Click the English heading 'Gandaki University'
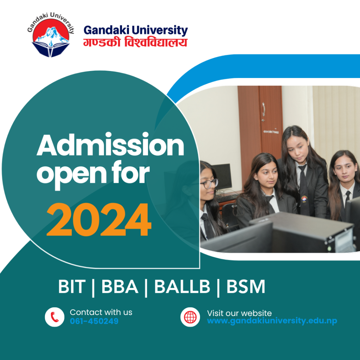point(136,30)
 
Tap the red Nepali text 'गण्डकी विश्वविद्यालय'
point(135,43)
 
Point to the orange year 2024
point(99,220)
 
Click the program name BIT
point(72,287)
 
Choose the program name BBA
point(120,287)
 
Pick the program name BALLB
point(182,287)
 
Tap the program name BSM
point(246,287)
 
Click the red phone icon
point(54,317)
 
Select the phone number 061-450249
point(94,321)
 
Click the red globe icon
point(190,317)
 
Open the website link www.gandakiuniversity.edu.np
point(272,321)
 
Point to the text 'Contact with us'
point(101,312)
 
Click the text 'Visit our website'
point(239,313)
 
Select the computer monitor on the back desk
point(222,176)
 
